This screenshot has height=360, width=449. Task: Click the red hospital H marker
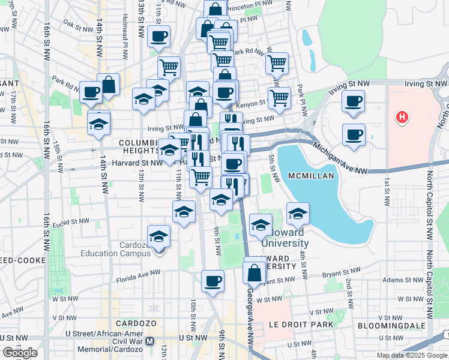coord(402,117)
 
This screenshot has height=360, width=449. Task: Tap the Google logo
coord(20,353)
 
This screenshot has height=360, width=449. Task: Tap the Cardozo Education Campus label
coord(115,253)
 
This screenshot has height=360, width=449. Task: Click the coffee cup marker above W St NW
coord(212,280)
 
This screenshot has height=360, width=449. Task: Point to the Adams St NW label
coord(366,280)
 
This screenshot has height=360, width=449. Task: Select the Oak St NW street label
coord(76,25)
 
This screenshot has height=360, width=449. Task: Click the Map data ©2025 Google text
coord(412,355)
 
